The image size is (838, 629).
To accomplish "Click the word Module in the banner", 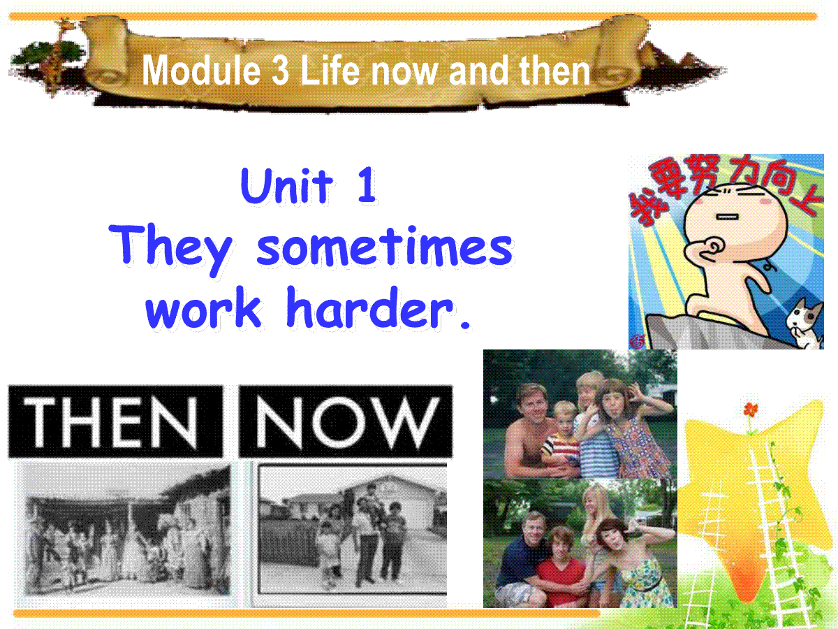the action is pos(201,71).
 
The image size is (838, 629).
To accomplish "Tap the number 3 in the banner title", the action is pos(280,71).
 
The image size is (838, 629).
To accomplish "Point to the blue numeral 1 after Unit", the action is pos(367,185).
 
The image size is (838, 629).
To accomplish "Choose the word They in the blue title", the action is pos(170,249).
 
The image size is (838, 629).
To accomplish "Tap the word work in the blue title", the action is pos(203,308).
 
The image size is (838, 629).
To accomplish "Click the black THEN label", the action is pos(115,421).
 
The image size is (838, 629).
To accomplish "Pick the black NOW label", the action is pos(346,421).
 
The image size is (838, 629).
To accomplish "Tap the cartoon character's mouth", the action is pos(727,217).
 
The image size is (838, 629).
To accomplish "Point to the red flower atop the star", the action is pos(750,410).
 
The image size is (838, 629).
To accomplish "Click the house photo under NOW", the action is pos(353,530).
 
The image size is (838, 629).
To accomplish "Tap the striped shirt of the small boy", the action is pos(559,449).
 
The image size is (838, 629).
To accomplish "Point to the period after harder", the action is pos(465,324).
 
